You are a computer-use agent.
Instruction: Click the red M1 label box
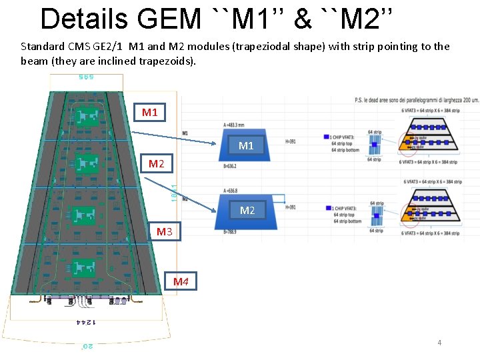tap(150, 112)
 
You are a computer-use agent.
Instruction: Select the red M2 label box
tap(156, 163)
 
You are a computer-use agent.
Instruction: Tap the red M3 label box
tap(165, 231)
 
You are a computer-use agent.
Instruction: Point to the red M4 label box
tap(181, 281)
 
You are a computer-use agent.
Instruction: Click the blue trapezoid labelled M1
tap(246, 145)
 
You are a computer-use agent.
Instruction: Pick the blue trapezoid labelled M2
tap(247, 210)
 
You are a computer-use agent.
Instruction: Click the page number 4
tap(439, 343)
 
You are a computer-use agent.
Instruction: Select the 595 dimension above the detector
tap(83, 77)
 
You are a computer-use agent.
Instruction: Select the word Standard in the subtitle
tap(43, 47)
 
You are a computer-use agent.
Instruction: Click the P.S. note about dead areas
tap(417, 100)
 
